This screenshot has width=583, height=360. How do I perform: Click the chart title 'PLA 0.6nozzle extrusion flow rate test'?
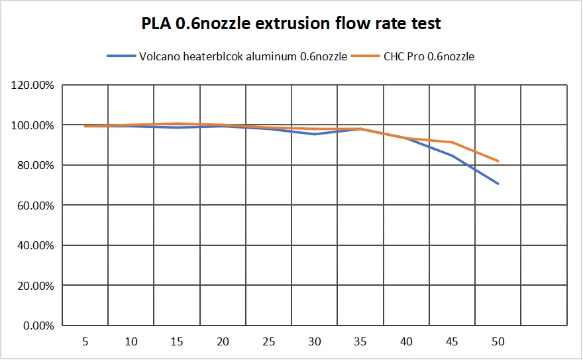pos(291,25)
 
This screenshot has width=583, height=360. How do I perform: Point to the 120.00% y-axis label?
pos(32,85)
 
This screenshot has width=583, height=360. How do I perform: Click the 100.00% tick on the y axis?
pos(32,125)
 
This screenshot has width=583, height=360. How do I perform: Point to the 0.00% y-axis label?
pos(37,326)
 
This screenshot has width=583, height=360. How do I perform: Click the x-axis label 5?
pos(85,341)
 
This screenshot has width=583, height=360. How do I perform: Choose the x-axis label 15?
pos(177,341)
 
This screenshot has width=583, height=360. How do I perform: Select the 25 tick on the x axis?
pos(268,341)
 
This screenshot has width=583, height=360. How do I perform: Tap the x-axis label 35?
pos(360,341)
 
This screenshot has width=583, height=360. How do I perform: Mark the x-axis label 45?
pos(452,341)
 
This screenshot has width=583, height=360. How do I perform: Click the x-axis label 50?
pos(498,341)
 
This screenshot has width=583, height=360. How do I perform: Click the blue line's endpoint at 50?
pos(498,184)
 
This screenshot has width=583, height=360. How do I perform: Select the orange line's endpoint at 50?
pos(498,160)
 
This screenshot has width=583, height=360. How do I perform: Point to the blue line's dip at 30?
pos(315,134)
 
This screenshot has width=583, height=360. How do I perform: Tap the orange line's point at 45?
pos(452,142)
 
